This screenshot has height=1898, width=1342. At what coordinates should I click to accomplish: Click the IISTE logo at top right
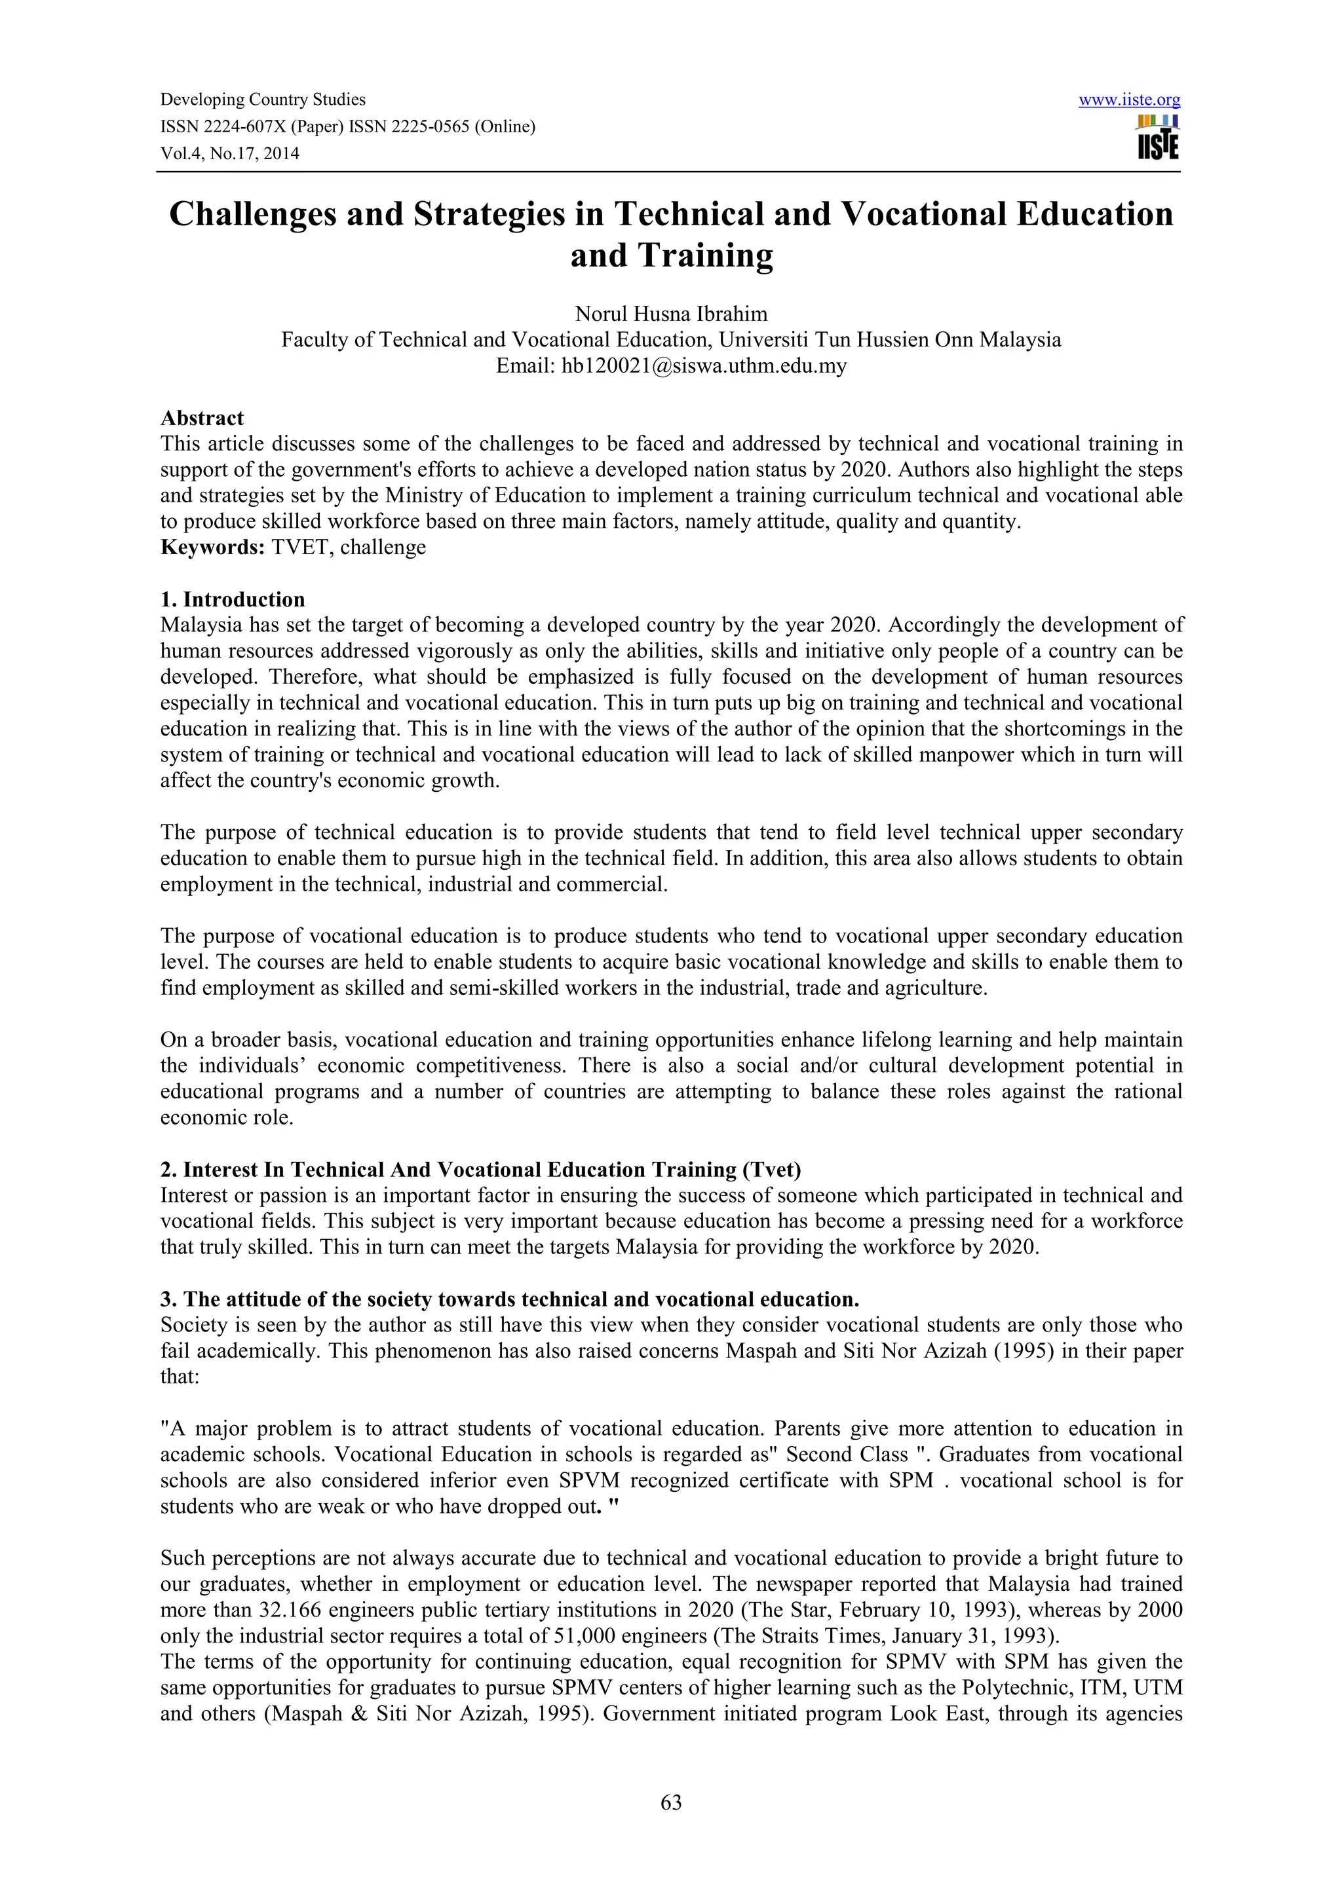pos(1158,138)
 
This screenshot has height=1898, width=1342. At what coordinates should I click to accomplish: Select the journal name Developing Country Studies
pos(263,100)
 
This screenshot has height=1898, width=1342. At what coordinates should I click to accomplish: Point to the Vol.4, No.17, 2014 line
pos(230,153)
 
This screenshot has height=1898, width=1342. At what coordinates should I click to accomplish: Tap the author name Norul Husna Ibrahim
pos(670,314)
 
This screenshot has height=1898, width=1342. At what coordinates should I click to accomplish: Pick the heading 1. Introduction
pos(233,599)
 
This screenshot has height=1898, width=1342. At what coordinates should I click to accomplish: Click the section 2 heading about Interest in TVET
pos(480,1169)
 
